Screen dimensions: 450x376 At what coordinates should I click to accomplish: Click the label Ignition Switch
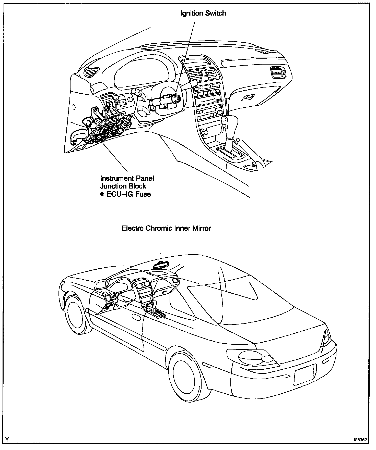[203, 13]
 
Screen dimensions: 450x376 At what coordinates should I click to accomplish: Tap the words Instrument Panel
[127, 178]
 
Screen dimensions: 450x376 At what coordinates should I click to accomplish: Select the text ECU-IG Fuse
[128, 194]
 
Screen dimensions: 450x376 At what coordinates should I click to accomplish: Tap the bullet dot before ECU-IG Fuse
[102, 194]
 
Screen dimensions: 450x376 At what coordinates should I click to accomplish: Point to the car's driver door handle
[135, 317]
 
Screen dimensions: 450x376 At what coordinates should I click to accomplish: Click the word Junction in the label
[112, 186]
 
